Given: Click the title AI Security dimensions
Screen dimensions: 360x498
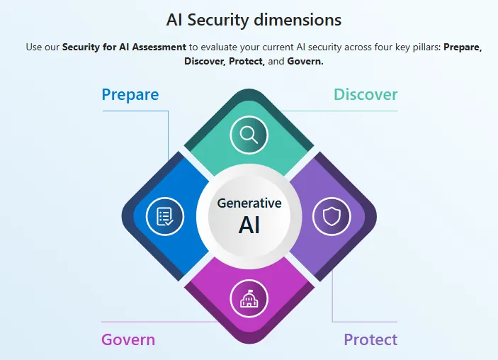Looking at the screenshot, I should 254,20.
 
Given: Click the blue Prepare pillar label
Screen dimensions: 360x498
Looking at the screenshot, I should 130,95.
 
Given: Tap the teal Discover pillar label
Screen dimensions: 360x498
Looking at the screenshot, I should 366,95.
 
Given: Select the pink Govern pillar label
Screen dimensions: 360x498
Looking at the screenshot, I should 128,339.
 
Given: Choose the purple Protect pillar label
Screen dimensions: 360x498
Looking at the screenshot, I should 370,339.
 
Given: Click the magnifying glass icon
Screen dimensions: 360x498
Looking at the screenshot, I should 249,134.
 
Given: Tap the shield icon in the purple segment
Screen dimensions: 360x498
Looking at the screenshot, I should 331,216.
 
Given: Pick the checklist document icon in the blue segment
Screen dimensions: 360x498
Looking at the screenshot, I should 164,216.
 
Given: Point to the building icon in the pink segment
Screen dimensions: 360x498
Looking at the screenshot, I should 249,300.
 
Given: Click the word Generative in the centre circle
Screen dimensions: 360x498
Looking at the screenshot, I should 249,203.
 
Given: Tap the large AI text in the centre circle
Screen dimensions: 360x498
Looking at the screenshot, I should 249,225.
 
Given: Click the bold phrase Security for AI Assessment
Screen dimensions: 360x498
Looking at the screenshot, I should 125,47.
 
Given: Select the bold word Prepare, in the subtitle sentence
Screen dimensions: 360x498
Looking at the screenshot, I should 463,47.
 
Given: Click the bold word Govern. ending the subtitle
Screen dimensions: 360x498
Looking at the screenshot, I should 305,62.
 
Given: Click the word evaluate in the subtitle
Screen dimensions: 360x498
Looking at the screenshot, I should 221,47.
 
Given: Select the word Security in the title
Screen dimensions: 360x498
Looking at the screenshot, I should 220,20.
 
